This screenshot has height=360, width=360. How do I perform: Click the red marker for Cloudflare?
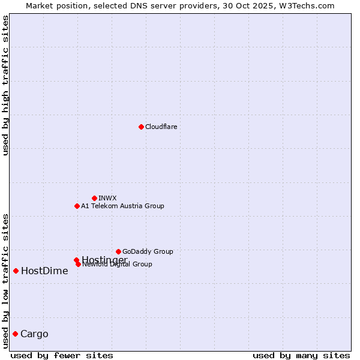(x=141, y=127)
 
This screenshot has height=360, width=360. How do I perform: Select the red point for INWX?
(x=94, y=198)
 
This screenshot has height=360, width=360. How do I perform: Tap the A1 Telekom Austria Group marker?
(x=77, y=206)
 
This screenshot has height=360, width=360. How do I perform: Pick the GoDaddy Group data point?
(x=118, y=251)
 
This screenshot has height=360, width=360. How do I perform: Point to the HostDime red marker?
(x=16, y=271)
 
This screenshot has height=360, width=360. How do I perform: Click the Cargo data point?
(x=15, y=334)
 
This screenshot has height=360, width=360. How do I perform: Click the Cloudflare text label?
(x=161, y=127)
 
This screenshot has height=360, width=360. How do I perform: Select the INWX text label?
(x=107, y=198)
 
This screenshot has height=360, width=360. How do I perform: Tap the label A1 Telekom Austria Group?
(x=122, y=206)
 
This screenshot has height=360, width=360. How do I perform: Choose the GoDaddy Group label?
(x=148, y=251)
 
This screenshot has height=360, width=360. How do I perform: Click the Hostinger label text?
(x=104, y=259)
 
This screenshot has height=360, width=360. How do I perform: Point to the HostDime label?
(x=44, y=271)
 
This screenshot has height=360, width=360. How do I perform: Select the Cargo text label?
(x=34, y=334)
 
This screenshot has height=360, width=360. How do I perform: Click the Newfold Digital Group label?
(x=118, y=265)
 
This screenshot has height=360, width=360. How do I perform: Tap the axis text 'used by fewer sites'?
(x=62, y=355)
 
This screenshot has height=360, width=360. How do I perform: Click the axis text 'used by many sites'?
(x=301, y=355)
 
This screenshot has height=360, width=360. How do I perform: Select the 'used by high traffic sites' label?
(x=5, y=85)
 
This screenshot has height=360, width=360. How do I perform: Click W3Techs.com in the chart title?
(x=310, y=5)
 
